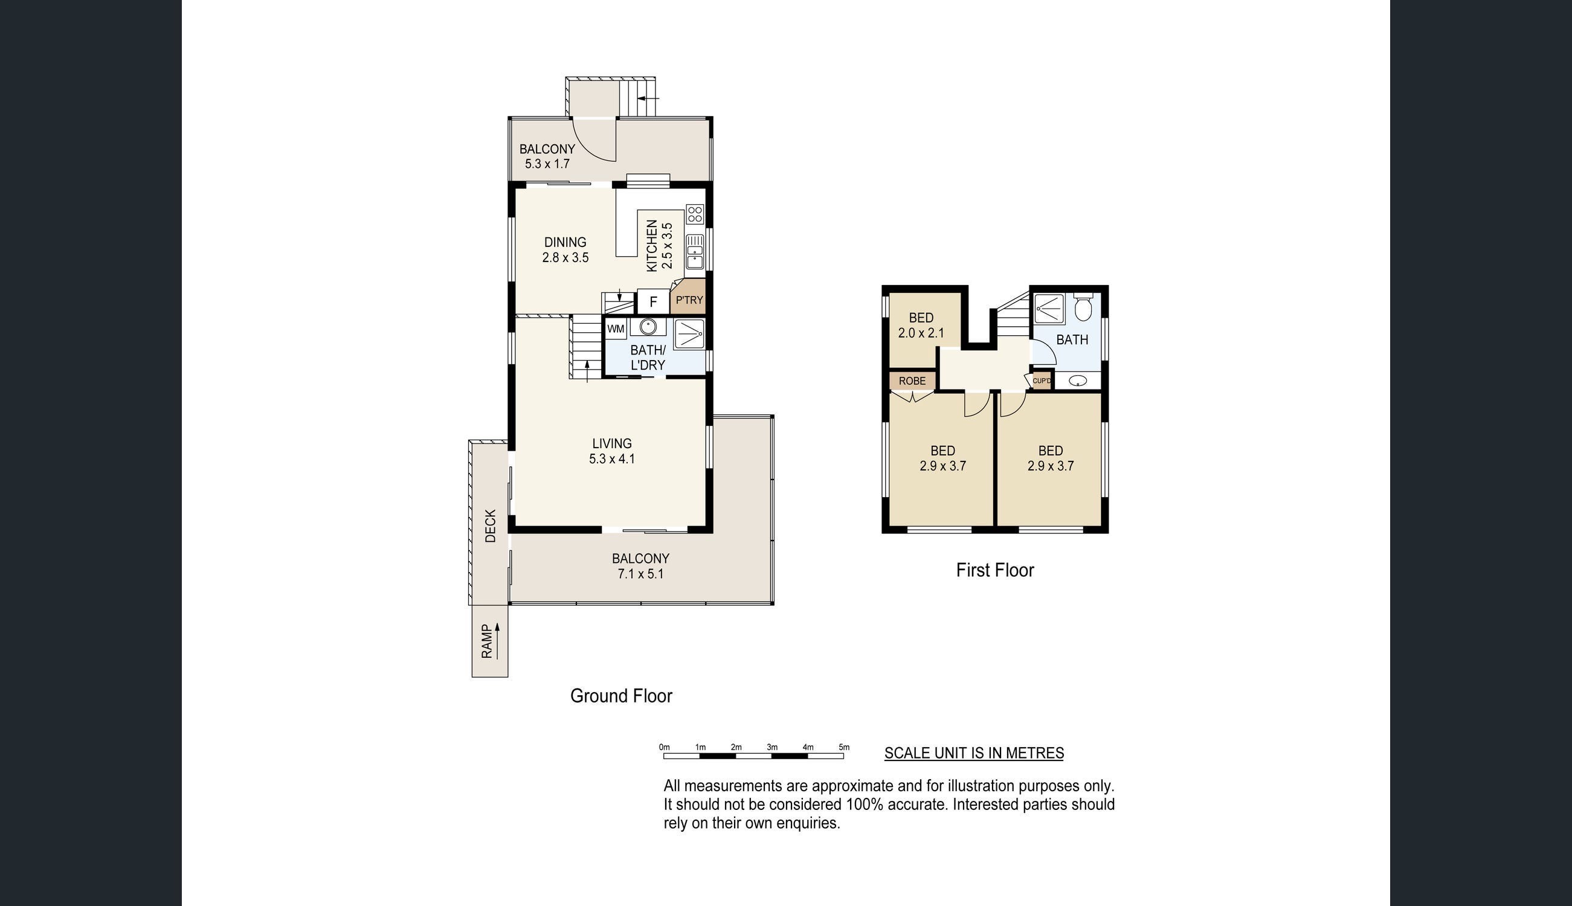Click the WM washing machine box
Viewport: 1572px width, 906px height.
(616, 329)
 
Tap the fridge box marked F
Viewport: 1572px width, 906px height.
(653, 302)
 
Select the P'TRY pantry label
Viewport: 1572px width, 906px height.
(689, 300)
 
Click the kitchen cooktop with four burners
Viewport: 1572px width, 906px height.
(695, 214)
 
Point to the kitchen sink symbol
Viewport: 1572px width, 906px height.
(695, 252)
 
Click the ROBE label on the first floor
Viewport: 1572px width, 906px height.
(912, 381)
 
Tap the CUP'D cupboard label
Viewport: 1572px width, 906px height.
(1042, 381)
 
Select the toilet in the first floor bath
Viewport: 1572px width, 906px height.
(1083, 307)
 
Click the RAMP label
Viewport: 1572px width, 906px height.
(488, 641)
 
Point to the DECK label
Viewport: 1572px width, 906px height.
(491, 526)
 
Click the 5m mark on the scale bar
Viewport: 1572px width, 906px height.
(844, 747)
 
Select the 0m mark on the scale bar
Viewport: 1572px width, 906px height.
(664, 747)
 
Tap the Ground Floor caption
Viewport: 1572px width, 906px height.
(621, 696)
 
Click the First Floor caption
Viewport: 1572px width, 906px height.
(995, 570)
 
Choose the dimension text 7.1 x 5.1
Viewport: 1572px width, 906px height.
(640, 574)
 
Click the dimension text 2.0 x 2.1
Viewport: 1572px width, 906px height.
(921, 333)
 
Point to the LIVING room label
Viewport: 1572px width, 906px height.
(612, 444)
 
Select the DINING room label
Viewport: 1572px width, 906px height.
(565, 242)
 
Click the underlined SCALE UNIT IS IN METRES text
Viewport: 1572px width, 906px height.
(974, 753)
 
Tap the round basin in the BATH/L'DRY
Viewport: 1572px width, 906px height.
(648, 327)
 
